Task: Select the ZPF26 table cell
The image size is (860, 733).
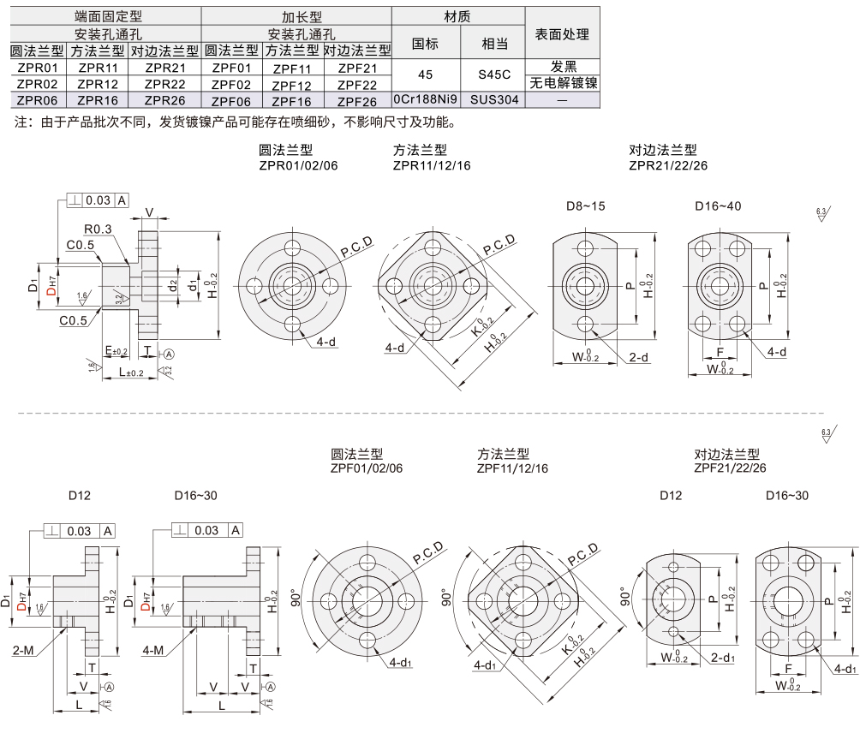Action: click(357, 100)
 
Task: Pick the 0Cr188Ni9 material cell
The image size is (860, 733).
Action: click(426, 99)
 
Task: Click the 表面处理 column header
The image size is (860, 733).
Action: click(562, 34)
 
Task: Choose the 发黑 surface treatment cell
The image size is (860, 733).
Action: click(562, 67)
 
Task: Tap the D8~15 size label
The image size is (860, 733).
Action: click(585, 206)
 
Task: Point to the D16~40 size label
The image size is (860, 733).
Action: click(718, 206)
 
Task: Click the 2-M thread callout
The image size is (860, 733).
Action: click(24, 651)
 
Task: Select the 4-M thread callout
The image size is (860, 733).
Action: click(154, 651)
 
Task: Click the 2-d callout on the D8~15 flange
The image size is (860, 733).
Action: click(637, 357)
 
